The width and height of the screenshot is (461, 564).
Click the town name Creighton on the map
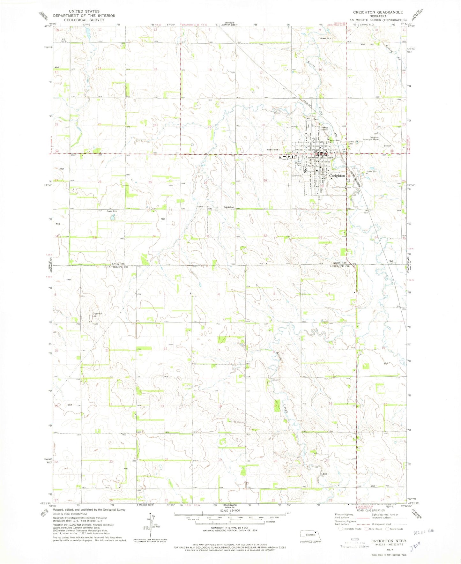337,176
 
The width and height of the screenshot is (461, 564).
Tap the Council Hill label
97,315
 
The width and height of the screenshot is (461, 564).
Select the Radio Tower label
273,150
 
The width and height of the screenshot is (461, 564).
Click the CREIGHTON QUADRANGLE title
378,12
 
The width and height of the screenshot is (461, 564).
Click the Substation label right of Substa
229,207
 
